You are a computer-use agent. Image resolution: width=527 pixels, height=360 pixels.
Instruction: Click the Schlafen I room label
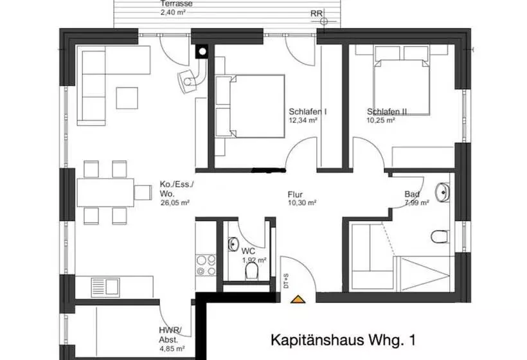(308, 111)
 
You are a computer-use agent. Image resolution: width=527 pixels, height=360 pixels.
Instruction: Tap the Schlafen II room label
(387, 111)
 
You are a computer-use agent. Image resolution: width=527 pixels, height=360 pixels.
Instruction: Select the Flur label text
(296, 194)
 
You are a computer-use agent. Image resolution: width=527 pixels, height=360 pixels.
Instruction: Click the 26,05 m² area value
(174, 202)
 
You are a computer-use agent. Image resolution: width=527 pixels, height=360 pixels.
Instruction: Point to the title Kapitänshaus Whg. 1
(339, 339)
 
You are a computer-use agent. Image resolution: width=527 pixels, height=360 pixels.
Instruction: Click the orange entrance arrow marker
(297, 298)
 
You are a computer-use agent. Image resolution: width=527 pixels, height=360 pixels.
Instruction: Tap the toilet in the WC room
(251, 274)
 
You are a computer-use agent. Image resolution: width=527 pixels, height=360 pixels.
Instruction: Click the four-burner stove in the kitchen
(206, 265)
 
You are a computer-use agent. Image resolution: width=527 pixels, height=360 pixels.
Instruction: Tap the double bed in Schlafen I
(251, 105)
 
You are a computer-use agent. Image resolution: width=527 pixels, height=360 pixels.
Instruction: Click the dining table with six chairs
(105, 192)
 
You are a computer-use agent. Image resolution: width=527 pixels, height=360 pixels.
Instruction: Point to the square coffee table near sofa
(127, 97)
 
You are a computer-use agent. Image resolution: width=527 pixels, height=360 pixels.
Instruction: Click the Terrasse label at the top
(176, 3)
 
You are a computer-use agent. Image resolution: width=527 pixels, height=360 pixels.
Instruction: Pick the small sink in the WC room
(233, 245)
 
